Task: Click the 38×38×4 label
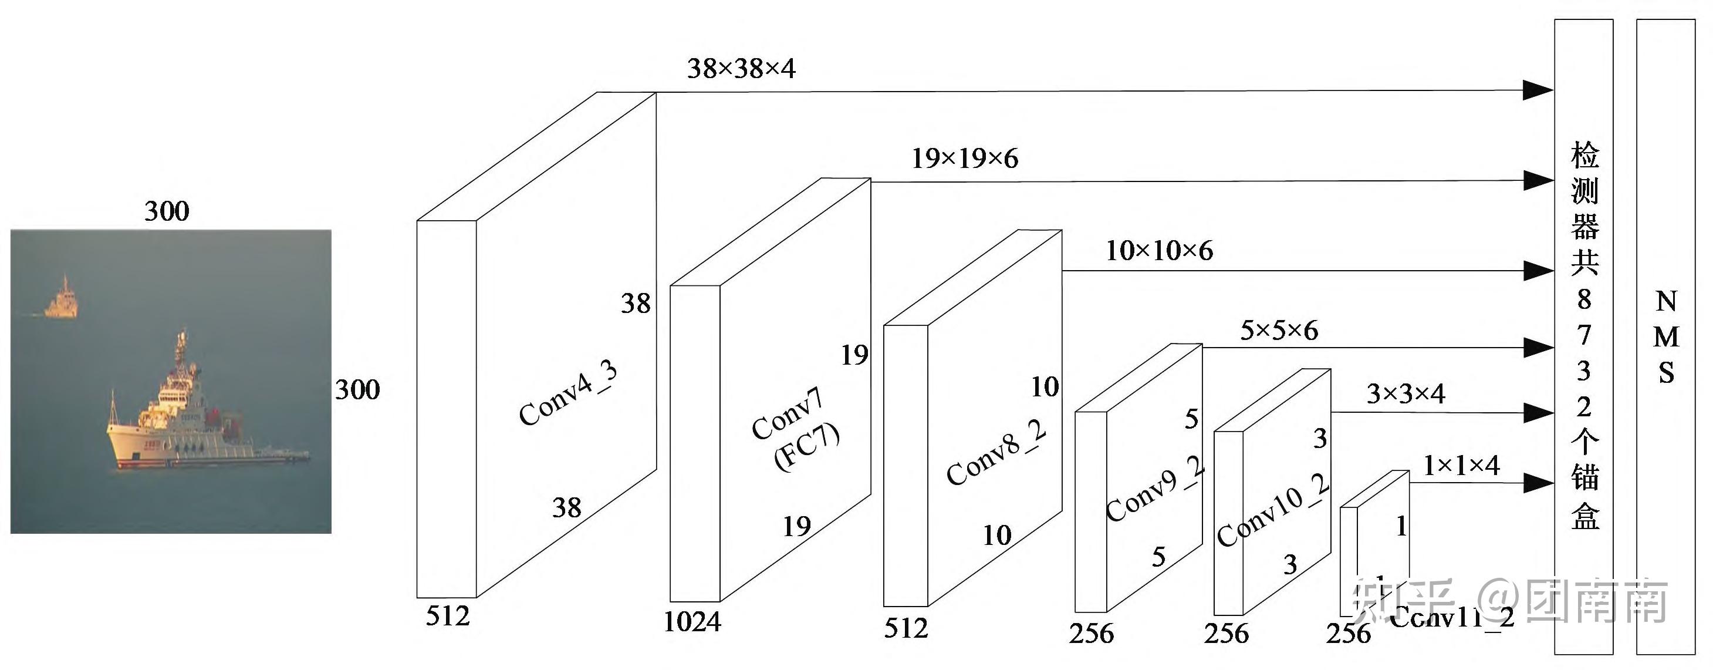741,69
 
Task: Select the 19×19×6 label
964,159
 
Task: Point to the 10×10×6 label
1159,251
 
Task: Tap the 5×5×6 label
1279,331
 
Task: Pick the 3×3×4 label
1405,394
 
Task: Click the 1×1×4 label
1461,465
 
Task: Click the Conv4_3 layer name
569,393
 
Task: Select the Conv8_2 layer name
996,452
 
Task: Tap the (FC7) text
807,446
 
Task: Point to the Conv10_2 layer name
1273,510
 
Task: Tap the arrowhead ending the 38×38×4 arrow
1538,90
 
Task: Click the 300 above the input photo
167,211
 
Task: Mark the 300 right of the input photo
357,390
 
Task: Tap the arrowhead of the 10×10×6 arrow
1538,271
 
